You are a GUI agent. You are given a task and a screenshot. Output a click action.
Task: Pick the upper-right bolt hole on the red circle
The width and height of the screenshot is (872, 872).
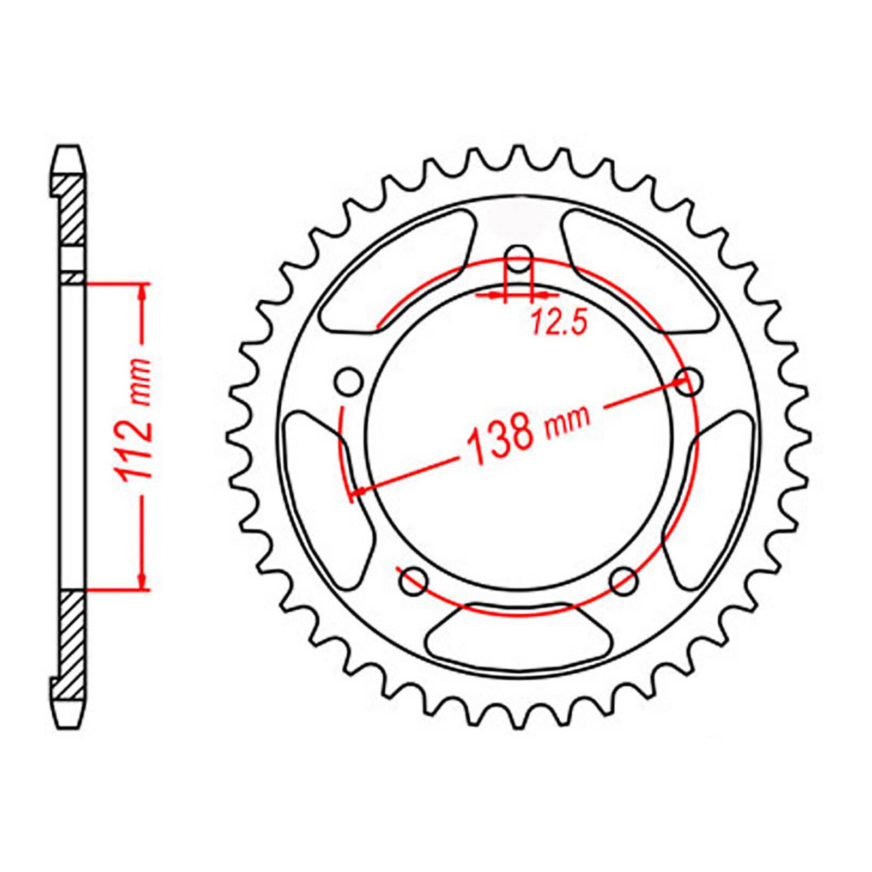pyautogui.click(x=689, y=381)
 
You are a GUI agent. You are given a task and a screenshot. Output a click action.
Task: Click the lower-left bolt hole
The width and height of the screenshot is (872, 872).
pyautogui.click(x=413, y=582)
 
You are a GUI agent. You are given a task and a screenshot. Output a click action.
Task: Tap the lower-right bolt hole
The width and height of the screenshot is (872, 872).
pyautogui.click(x=625, y=582)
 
